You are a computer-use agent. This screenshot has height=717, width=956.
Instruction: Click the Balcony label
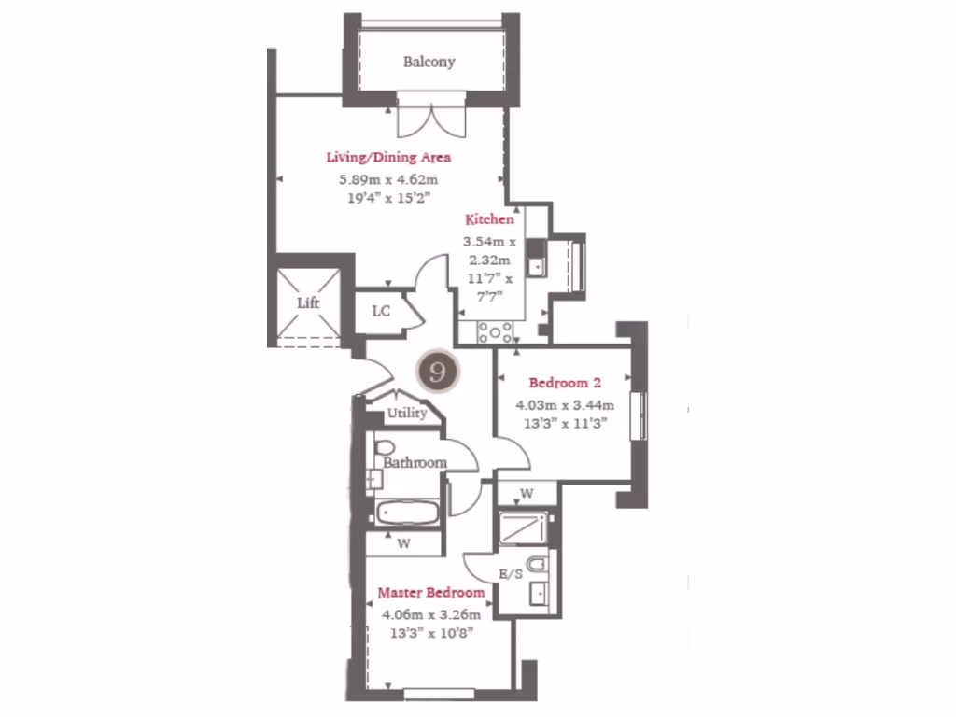tap(429, 63)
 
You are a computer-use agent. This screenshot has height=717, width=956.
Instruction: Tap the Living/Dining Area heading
tap(388, 158)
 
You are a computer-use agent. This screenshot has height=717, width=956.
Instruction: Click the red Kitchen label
tap(490, 220)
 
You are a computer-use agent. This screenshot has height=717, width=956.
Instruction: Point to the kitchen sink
tap(535, 259)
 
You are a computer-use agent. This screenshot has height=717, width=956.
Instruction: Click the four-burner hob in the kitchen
tap(495, 331)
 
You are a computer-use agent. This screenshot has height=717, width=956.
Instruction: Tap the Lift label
tap(308, 304)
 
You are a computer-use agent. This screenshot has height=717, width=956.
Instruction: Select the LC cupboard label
tap(381, 312)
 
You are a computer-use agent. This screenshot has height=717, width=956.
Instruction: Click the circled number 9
tap(437, 371)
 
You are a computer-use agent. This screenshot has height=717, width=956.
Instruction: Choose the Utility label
tap(407, 414)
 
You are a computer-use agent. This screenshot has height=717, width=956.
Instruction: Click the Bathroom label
tap(415, 463)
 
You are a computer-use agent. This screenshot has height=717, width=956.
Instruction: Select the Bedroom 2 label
tap(564, 383)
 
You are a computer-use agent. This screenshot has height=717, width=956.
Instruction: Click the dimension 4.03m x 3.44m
tap(565, 405)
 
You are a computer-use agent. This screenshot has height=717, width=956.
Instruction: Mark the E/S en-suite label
tap(510, 575)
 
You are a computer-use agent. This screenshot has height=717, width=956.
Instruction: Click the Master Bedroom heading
tap(430, 593)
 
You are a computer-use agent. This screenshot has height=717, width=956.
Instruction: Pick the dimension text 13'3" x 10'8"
tap(429, 633)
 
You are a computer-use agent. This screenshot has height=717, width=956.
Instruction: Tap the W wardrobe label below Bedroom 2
tap(527, 493)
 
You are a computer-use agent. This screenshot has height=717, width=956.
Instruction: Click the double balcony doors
tap(429, 117)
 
